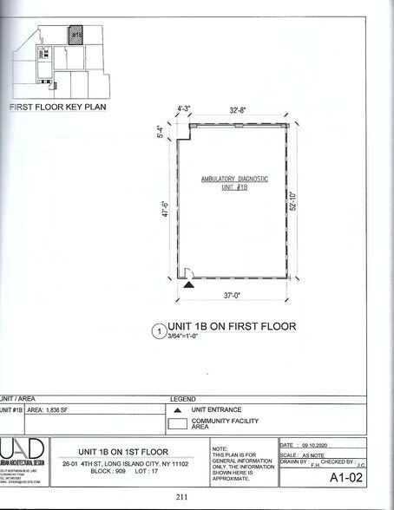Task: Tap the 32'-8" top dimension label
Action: pyautogui.click(x=240, y=110)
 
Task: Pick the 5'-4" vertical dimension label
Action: pyautogui.click(x=161, y=132)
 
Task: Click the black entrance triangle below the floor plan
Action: pyautogui.click(x=189, y=284)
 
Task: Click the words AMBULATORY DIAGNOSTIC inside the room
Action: pyautogui.click(x=234, y=179)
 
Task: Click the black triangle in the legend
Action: pyautogui.click(x=178, y=409)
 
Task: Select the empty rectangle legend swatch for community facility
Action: pyautogui.click(x=179, y=425)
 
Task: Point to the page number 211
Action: pyautogui.click(x=182, y=497)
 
